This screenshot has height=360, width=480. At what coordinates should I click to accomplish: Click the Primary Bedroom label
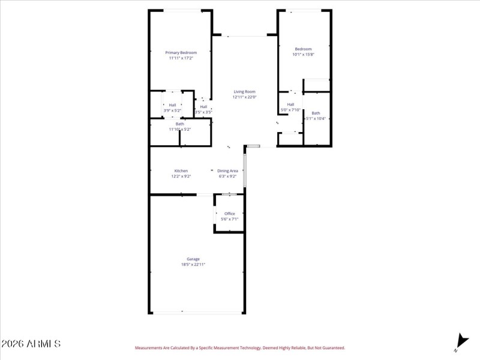coord(181,53)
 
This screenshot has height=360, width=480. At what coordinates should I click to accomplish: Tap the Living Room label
coord(244,92)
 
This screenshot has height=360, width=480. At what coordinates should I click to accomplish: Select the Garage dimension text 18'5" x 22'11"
coord(193,265)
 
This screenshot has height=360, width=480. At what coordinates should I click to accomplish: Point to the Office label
coord(229,214)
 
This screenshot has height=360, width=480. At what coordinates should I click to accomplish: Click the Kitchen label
coord(181,171)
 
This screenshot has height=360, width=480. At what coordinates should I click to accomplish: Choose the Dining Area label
coord(227,171)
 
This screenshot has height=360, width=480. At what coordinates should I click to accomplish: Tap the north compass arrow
coord(460,342)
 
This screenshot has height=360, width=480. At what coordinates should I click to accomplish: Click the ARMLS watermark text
coord(31,344)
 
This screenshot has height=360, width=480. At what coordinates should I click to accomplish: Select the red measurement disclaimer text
coord(239,348)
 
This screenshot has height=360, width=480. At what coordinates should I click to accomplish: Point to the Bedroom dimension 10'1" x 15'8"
coord(303,55)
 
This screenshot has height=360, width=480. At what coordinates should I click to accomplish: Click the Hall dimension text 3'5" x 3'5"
coord(203,112)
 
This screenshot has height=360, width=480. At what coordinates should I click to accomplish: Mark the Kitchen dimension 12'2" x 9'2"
coord(181,176)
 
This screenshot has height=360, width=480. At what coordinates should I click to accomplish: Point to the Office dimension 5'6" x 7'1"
coord(229,219)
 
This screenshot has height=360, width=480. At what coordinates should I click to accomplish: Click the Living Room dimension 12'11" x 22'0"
coord(244,97)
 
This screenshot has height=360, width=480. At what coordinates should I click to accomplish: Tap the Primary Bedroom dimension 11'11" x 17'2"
coord(181,58)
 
